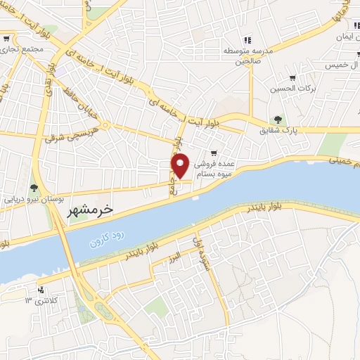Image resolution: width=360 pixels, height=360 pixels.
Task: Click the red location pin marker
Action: point(181,165)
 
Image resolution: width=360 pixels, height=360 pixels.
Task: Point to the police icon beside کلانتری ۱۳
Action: point(41,290)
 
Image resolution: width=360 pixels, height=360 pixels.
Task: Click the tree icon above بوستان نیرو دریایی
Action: point(33,187)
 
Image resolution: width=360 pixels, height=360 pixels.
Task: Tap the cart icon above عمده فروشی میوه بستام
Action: point(214,153)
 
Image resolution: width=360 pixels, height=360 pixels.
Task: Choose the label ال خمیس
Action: point(342,65)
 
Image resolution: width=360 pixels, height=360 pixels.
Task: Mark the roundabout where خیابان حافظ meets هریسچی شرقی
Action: point(103,127)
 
